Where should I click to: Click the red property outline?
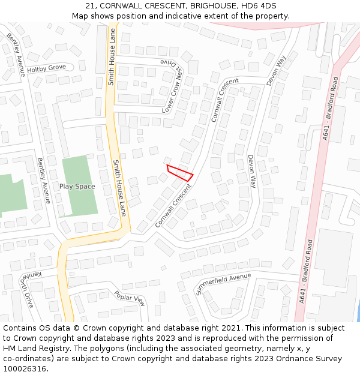coord(179,172)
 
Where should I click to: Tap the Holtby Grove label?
coord(46,68)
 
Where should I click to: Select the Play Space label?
coord(77,186)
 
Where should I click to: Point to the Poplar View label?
coord(130,298)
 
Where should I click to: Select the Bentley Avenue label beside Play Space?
coord(44,180)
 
